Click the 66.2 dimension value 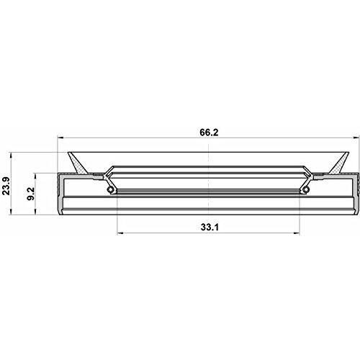pos(209,132)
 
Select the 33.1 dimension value pos(210,227)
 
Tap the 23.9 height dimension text pos(6,186)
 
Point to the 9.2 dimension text pos(31,194)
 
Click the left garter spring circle pos(110,189)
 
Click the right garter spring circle pos(305,189)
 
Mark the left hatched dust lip pos(78,163)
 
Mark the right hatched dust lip pos(339,163)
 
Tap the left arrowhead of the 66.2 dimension pos(60,138)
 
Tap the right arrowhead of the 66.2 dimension pos(357,138)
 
